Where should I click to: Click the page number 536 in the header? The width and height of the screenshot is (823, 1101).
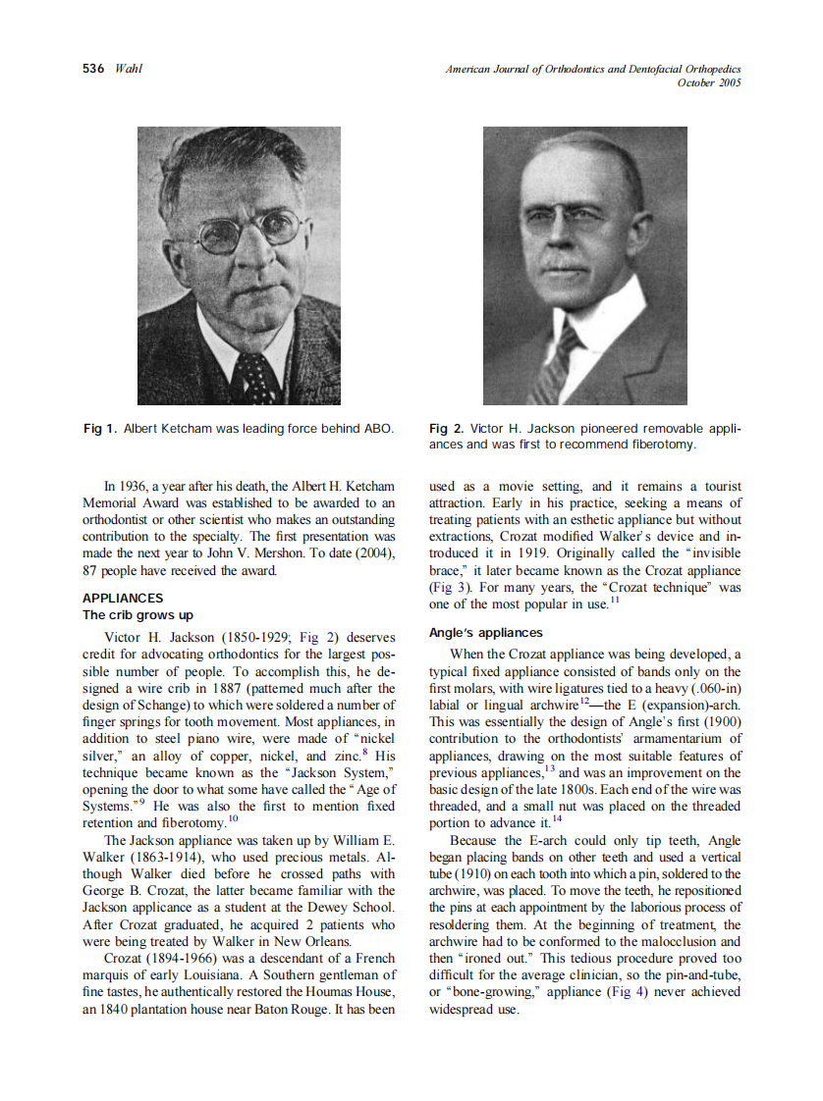click(93, 69)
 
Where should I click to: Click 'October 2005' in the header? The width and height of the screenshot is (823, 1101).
click(709, 82)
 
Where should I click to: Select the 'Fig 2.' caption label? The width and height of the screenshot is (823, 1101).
click(447, 429)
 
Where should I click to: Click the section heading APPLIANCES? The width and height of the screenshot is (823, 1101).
click(123, 598)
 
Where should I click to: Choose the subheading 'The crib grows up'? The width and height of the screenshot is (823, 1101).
click(137, 615)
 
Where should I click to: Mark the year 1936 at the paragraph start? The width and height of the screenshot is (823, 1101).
click(137, 487)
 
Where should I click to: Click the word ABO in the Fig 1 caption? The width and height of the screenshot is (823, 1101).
click(379, 429)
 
